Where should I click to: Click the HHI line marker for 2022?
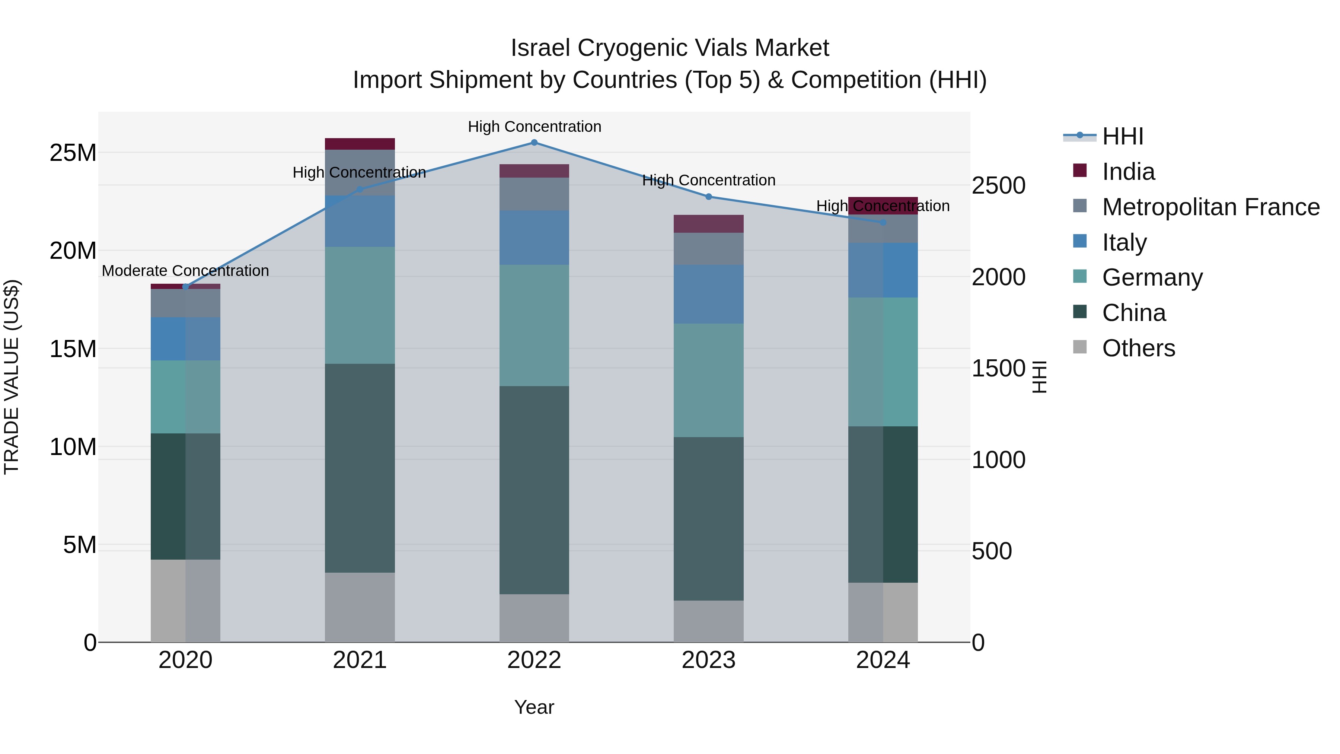tap(534, 143)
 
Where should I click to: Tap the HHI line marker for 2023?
tap(708, 197)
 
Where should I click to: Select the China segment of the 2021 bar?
tap(360, 468)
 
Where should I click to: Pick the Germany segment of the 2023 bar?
tap(708, 381)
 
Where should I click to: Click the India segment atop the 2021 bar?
tap(360, 144)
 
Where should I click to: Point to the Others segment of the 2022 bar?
tap(534, 618)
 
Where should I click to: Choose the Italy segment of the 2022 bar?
tap(534, 238)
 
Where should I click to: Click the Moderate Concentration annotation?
tap(185, 271)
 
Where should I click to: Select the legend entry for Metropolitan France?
tap(1210, 207)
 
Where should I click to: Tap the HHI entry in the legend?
tap(1123, 136)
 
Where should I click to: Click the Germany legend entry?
tap(1152, 277)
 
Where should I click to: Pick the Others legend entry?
tap(1138, 348)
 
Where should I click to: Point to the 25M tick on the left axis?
tap(73, 153)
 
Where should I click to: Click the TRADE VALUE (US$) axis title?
tap(12, 377)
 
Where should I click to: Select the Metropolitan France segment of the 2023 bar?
tap(708, 249)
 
